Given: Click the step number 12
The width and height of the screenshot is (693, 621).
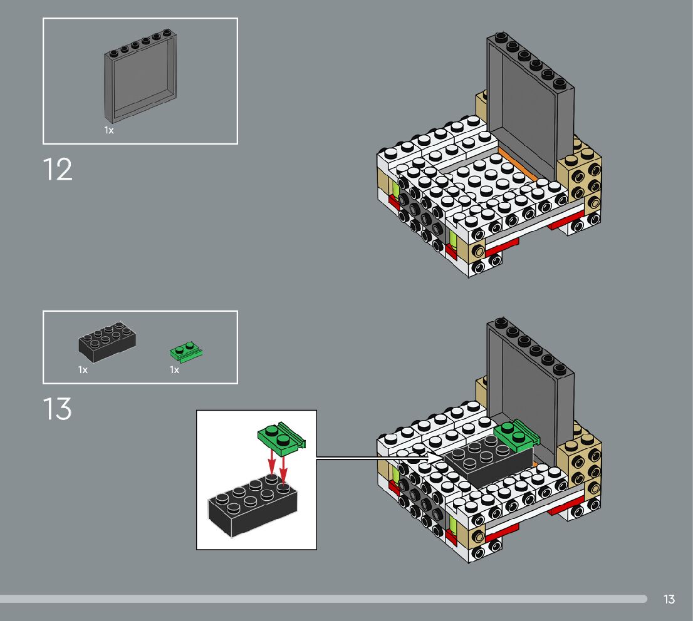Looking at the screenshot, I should (x=58, y=170).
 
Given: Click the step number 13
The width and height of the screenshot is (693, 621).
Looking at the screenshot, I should (x=58, y=410).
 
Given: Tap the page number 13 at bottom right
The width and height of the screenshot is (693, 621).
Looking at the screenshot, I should (x=669, y=599).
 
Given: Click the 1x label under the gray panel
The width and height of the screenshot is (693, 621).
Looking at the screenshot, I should (x=109, y=130).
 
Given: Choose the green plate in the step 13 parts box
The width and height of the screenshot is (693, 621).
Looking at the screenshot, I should (x=186, y=352).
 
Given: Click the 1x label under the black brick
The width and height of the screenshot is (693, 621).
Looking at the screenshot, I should (x=83, y=370).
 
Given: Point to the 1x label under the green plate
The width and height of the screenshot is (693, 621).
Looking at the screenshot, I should (x=174, y=370).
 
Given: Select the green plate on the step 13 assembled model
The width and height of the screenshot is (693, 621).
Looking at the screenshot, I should (x=516, y=434).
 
